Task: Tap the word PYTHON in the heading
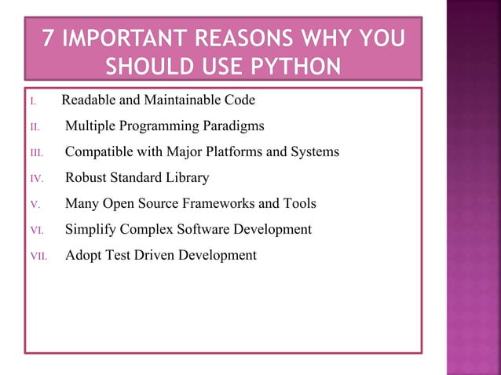[x=293, y=64]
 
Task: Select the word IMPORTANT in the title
[x=129, y=38]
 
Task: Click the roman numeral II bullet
[x=34, y=127]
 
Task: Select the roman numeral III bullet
[x=35, y=153]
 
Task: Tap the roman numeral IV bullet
[x=35, y=179]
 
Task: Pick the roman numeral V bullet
[x=33, y=205]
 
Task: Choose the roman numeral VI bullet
[x=35, y=231]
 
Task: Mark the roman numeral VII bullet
[x=36, y=257]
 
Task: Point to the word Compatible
[x=100, y=151]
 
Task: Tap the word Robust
[x=86, y=177]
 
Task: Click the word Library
[x=187, y=177]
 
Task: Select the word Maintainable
[x=184, y=100]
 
